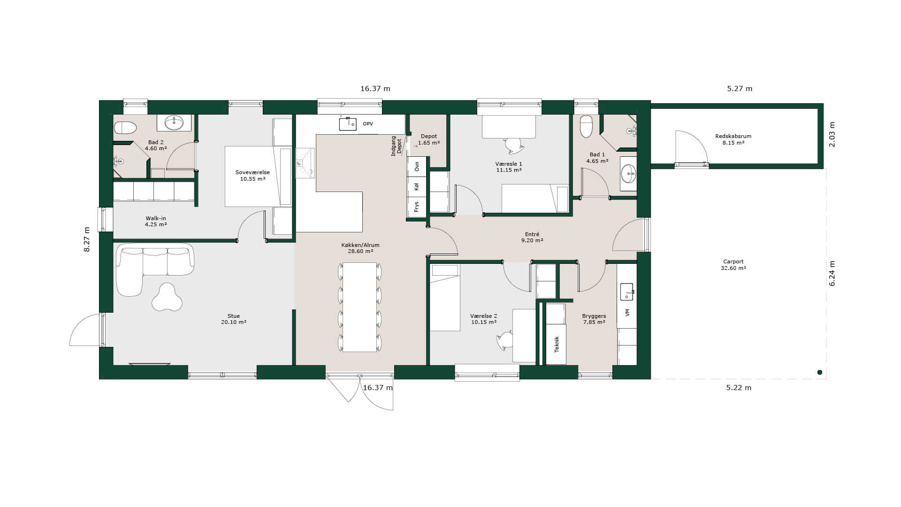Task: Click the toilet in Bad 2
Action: tap(125, 128)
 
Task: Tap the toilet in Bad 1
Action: tap(586, 126)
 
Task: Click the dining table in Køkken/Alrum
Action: tap(359, 307)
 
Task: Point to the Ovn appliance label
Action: tap(417, 166)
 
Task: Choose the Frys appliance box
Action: tap(417, 207)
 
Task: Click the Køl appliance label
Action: tap(417, 186)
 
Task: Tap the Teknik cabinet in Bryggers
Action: tap(556, 344)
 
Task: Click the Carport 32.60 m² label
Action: tap(733, 265)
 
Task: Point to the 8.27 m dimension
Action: tap(87, 239)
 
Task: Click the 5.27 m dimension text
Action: tap(740, 88)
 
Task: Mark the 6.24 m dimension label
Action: tap(832, 274)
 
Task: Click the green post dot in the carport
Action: tap(820, 372)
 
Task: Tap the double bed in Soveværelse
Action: tap(258, 177)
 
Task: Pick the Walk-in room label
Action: tap(156, 221)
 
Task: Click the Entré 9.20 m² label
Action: tap(532, 238)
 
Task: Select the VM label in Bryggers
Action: tap(627, 312)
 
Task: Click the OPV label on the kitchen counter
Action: tap(368, 124)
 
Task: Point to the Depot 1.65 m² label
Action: tap(429, 139)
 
